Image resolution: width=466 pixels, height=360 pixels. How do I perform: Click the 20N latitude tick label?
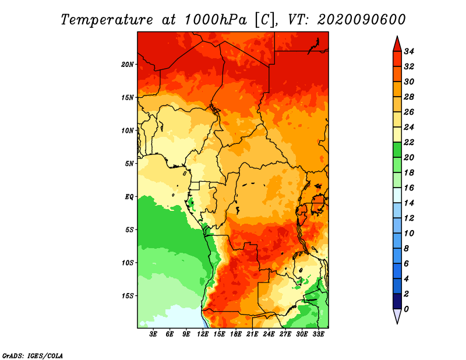pos(128,65)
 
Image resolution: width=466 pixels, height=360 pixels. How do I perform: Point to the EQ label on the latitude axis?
pos(129,197)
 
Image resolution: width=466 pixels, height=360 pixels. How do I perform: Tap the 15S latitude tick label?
pos(128,296)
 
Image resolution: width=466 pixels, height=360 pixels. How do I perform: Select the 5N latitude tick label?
pos(129,164)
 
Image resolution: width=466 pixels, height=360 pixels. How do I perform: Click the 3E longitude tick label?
pos(153,334)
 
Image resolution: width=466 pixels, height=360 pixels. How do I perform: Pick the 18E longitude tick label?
pos(236,334)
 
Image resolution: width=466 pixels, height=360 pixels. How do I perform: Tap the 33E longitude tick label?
pos(318,334)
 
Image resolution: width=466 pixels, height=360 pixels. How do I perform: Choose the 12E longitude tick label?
pos(203,334)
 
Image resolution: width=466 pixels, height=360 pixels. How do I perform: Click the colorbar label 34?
pos(409,51)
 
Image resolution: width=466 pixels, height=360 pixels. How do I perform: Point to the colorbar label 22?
pos(409,142)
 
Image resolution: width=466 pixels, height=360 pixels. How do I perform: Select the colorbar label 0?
pos(406,309)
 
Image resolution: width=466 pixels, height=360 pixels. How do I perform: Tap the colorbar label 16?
pos(409,188)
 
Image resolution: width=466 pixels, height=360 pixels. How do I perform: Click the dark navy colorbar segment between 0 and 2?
pos(397,301)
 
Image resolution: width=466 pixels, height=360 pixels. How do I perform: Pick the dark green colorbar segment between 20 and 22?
pos(397,150)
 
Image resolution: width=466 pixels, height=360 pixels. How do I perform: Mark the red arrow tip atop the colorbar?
pos(397,36)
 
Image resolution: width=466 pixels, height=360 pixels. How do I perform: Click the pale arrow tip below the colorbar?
pos(397,323)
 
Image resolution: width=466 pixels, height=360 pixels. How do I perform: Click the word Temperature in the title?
pos(107,20)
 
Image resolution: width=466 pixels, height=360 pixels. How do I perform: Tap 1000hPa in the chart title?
pos(216,20)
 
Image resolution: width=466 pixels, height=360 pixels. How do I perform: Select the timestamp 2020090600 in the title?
pos(361,20)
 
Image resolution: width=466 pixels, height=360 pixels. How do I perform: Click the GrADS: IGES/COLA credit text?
pos(33,356)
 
